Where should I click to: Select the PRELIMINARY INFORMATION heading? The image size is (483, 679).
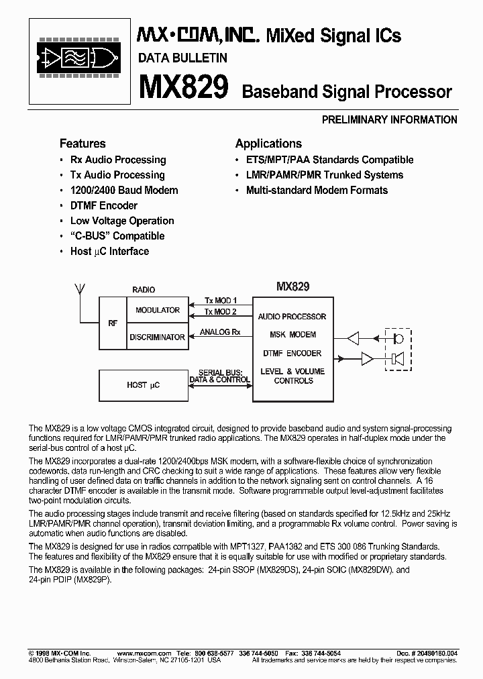click(390, 120)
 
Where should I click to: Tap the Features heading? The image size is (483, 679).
click(83, 144)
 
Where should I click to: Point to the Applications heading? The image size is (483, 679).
click(268, 144)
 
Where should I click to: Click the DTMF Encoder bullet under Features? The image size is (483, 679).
click(104, 205)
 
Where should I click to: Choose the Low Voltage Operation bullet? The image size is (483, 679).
click(121, 221)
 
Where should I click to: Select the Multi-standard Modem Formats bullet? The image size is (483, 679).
click(317, 190)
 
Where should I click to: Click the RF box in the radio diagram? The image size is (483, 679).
click(113, 323)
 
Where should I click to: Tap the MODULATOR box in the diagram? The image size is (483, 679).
click(158, 310)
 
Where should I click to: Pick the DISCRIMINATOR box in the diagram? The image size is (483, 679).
click(158, 337)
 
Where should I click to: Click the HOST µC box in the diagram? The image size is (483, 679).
click(144, 385)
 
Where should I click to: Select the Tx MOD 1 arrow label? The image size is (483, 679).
click(221, 300)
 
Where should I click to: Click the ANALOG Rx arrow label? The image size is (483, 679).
click(220, 332)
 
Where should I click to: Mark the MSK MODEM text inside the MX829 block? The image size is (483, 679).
click(292, 335)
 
